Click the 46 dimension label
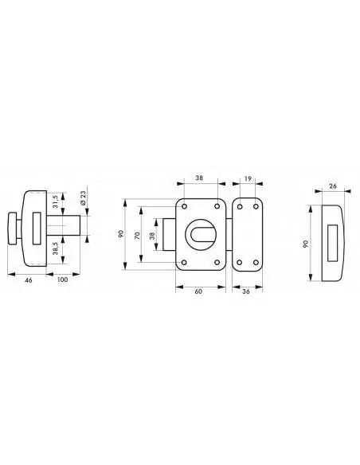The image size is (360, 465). (x=29, y=280)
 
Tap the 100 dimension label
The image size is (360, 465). (x=62, y=279)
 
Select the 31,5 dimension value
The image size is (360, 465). (x=56, y=202)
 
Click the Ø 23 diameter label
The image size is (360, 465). (x=83, y=198)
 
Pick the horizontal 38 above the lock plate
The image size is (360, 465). (x=199, y=178)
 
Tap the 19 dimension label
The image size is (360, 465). (x=248, y=178)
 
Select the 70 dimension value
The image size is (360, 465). (x=137, y=236)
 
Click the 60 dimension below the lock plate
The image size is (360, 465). (x=198, y=291)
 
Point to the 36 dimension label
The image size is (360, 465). (x=246, y=291)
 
